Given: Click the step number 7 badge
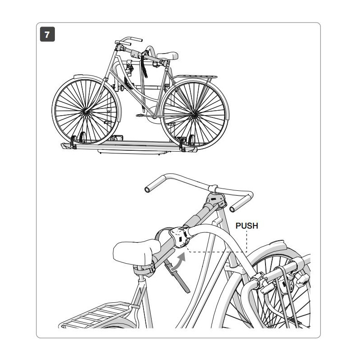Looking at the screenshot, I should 47,34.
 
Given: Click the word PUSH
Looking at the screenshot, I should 247,225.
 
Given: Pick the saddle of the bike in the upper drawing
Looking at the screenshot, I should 167,56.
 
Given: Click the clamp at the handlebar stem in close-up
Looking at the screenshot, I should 215,198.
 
